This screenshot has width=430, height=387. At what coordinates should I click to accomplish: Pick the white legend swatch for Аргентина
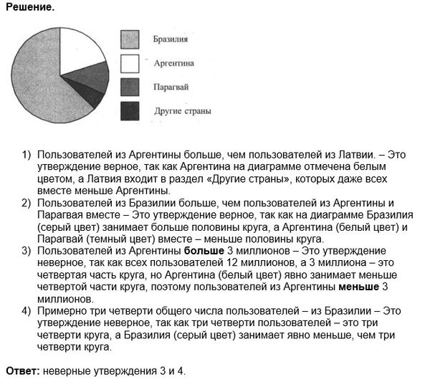pyautogui.click(x=130, y=64)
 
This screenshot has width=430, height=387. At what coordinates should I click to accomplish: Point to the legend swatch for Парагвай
pyautogui.click(x=130, y=87)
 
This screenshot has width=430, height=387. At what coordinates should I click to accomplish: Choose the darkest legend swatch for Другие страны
pyautogui.click(x=130, y=111)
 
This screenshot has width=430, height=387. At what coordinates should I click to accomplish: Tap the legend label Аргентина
pyautogui.click(x=174, y=63)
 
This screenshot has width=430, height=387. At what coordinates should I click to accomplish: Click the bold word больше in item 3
pyautogui.click(x=204, y=250)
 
